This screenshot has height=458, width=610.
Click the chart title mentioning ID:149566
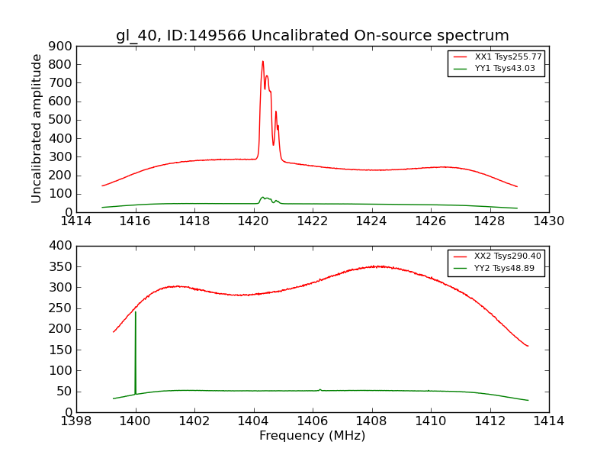pyautogui.click(x=313, y=36)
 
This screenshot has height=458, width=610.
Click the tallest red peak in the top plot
pyautogui.click(x=262, y=62)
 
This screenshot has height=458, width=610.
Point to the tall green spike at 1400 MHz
pyautogui.click(x=136, y=312)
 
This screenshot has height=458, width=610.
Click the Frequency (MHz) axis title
pyautogui.click(x=313, y=436)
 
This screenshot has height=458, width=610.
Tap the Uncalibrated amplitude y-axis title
pyautogui.click(x=37, y=128)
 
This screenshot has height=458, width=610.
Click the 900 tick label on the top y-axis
pyautogui.click(x=62, y=46)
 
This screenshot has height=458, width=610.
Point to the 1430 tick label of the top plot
pyautogui.click(x=548, y=221)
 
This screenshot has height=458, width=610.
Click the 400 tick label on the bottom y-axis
pyautogui.click(x=62, y=246)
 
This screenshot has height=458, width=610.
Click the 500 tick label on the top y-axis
pyautogui.click(x=62, y=120)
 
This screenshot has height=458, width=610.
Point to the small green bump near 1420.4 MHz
pyautogui.click(x=263, y=198)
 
